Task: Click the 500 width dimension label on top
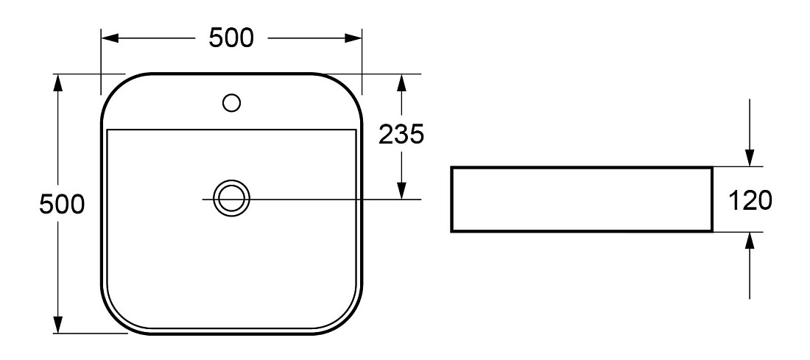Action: (231, 38)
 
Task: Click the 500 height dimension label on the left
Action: (62, 205)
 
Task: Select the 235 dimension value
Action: (401, 135)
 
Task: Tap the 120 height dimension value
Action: (750, 200)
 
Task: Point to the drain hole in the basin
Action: (231, 198)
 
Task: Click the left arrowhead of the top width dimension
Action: (110, 38)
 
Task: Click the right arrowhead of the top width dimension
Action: (353, 38)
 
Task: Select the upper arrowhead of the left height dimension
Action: (58, 83)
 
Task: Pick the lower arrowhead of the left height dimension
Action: (58, 325)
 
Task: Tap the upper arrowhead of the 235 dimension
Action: (401, 83)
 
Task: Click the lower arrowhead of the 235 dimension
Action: (401, 190)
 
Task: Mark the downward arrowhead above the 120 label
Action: (750, 158)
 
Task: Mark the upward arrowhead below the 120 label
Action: (750, 241)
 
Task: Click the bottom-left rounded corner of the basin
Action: (114, 321)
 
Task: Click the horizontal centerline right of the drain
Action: (336, 199)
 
